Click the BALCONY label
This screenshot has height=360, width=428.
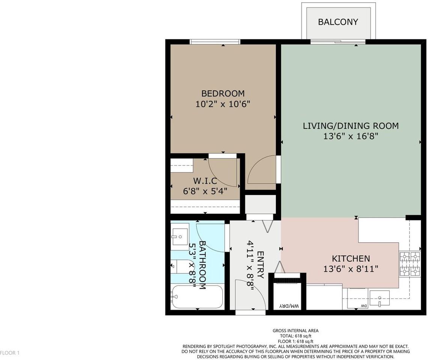338,22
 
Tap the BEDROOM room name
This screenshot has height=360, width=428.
223,93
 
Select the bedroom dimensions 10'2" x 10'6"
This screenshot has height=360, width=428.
223,104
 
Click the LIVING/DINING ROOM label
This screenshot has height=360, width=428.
350,126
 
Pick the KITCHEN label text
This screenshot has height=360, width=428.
351,258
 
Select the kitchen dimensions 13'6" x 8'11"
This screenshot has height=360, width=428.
350,268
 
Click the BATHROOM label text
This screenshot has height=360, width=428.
202,265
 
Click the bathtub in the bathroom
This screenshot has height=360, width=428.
197,297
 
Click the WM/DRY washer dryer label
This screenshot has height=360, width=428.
289,306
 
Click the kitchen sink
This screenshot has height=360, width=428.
379,298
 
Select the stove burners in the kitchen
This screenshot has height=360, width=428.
410,264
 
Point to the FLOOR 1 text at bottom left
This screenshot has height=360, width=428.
9,353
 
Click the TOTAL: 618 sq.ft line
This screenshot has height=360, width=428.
295,336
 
